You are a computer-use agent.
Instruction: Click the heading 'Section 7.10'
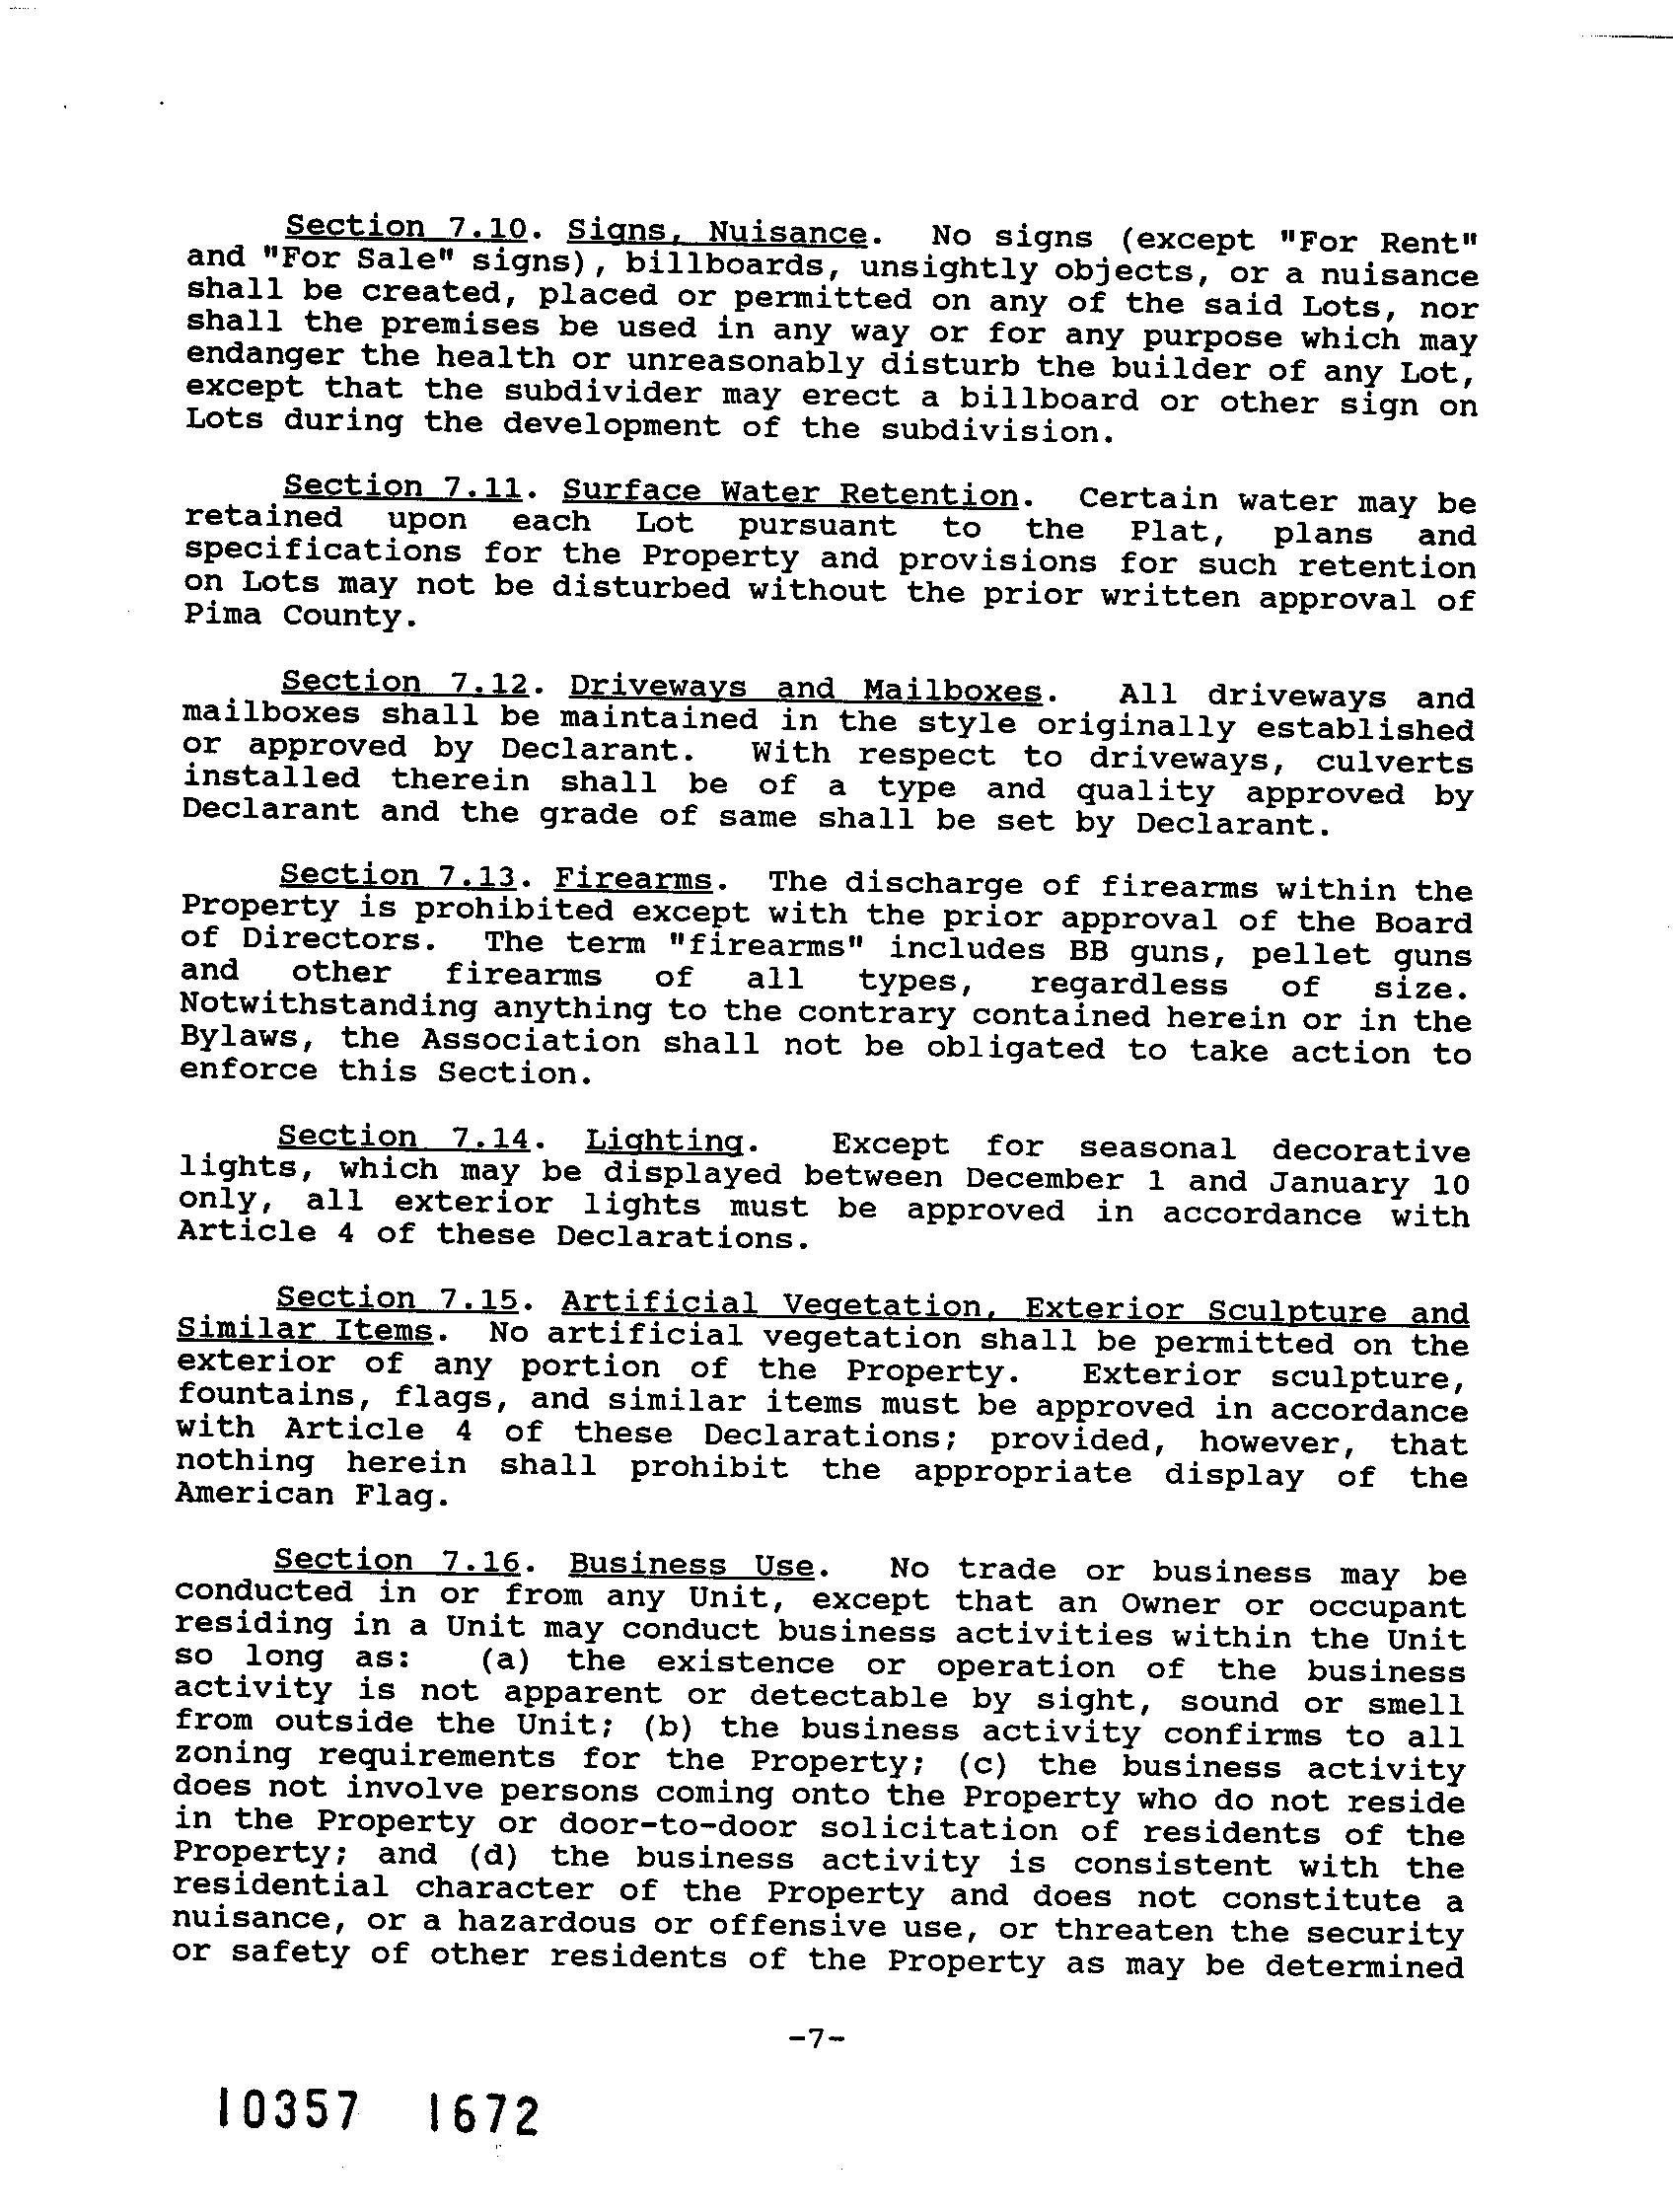point(404,229)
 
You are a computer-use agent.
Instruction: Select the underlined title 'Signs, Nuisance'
point(716,233)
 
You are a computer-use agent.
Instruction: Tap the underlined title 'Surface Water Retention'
point(789,492)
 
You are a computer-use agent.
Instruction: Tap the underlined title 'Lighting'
point(664,1141)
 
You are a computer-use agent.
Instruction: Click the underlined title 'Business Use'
point(691,1565)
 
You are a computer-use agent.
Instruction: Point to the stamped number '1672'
point(482,2115)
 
